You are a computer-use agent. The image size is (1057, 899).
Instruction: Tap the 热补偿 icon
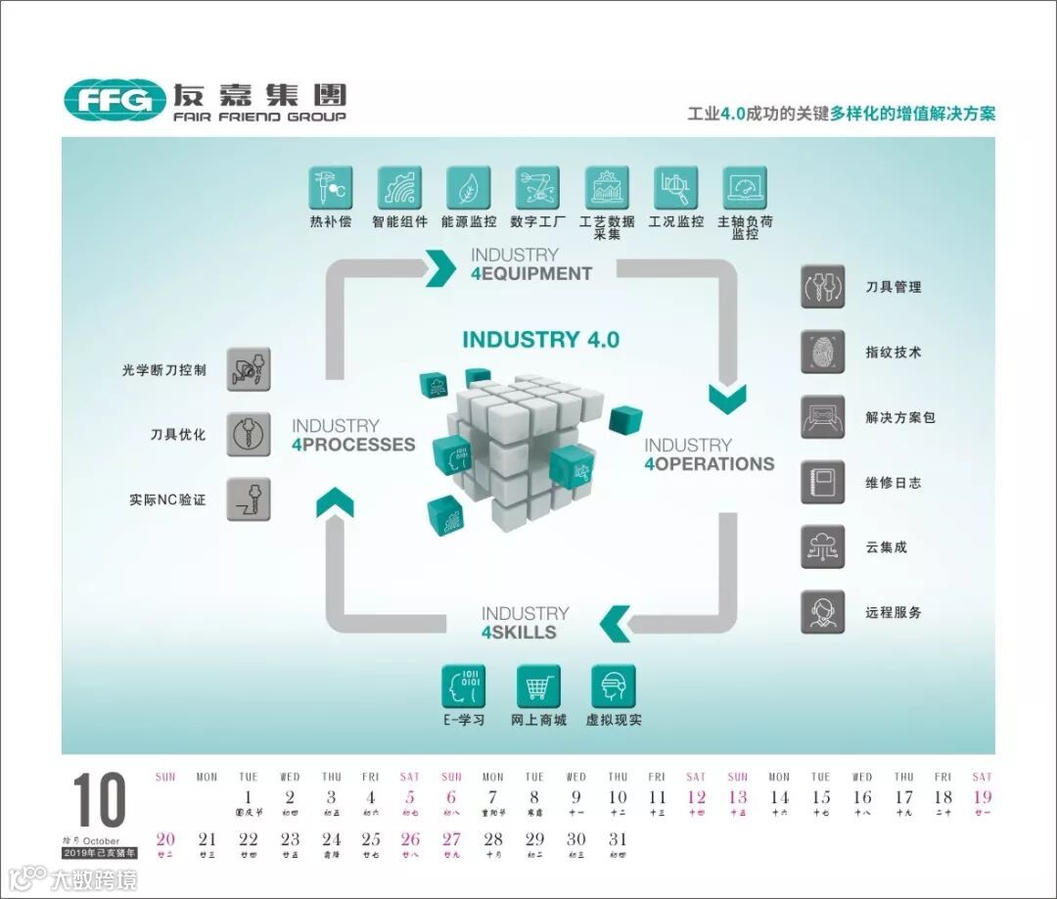[x=331, y=187]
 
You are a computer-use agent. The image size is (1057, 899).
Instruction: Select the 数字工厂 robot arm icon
[x=537, y=187]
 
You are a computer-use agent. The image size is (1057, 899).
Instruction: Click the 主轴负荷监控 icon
[x=745, y=187]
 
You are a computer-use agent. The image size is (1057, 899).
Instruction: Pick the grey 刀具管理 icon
[x=822, y=287]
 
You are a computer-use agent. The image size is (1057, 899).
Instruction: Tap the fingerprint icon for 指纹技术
[x=822, y=352]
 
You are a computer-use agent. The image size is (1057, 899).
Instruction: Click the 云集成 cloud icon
[x=822, y=546]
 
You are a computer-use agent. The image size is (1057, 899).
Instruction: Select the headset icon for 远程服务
[x=822, y=612]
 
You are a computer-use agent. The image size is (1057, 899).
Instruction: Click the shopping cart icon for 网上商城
[x=538, y=686]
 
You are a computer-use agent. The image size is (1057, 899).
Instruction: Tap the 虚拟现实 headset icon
[x=614, y=686]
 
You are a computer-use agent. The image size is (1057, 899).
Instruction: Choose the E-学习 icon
[x=464, y=686]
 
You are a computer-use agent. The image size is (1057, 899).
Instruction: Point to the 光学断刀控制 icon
[x=249, y=369]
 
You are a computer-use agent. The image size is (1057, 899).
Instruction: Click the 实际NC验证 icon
[x=249, y=498]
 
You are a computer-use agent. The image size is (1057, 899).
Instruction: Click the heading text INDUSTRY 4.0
[x=540, y=340]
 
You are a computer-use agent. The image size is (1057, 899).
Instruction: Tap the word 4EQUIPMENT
[x=531, y=274]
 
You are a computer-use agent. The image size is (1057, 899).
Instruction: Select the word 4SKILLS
[x=519, y=633]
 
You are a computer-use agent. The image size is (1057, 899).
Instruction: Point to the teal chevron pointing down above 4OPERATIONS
[x=728, y=398]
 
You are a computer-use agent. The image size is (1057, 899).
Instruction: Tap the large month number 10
[x=99, y=800]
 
